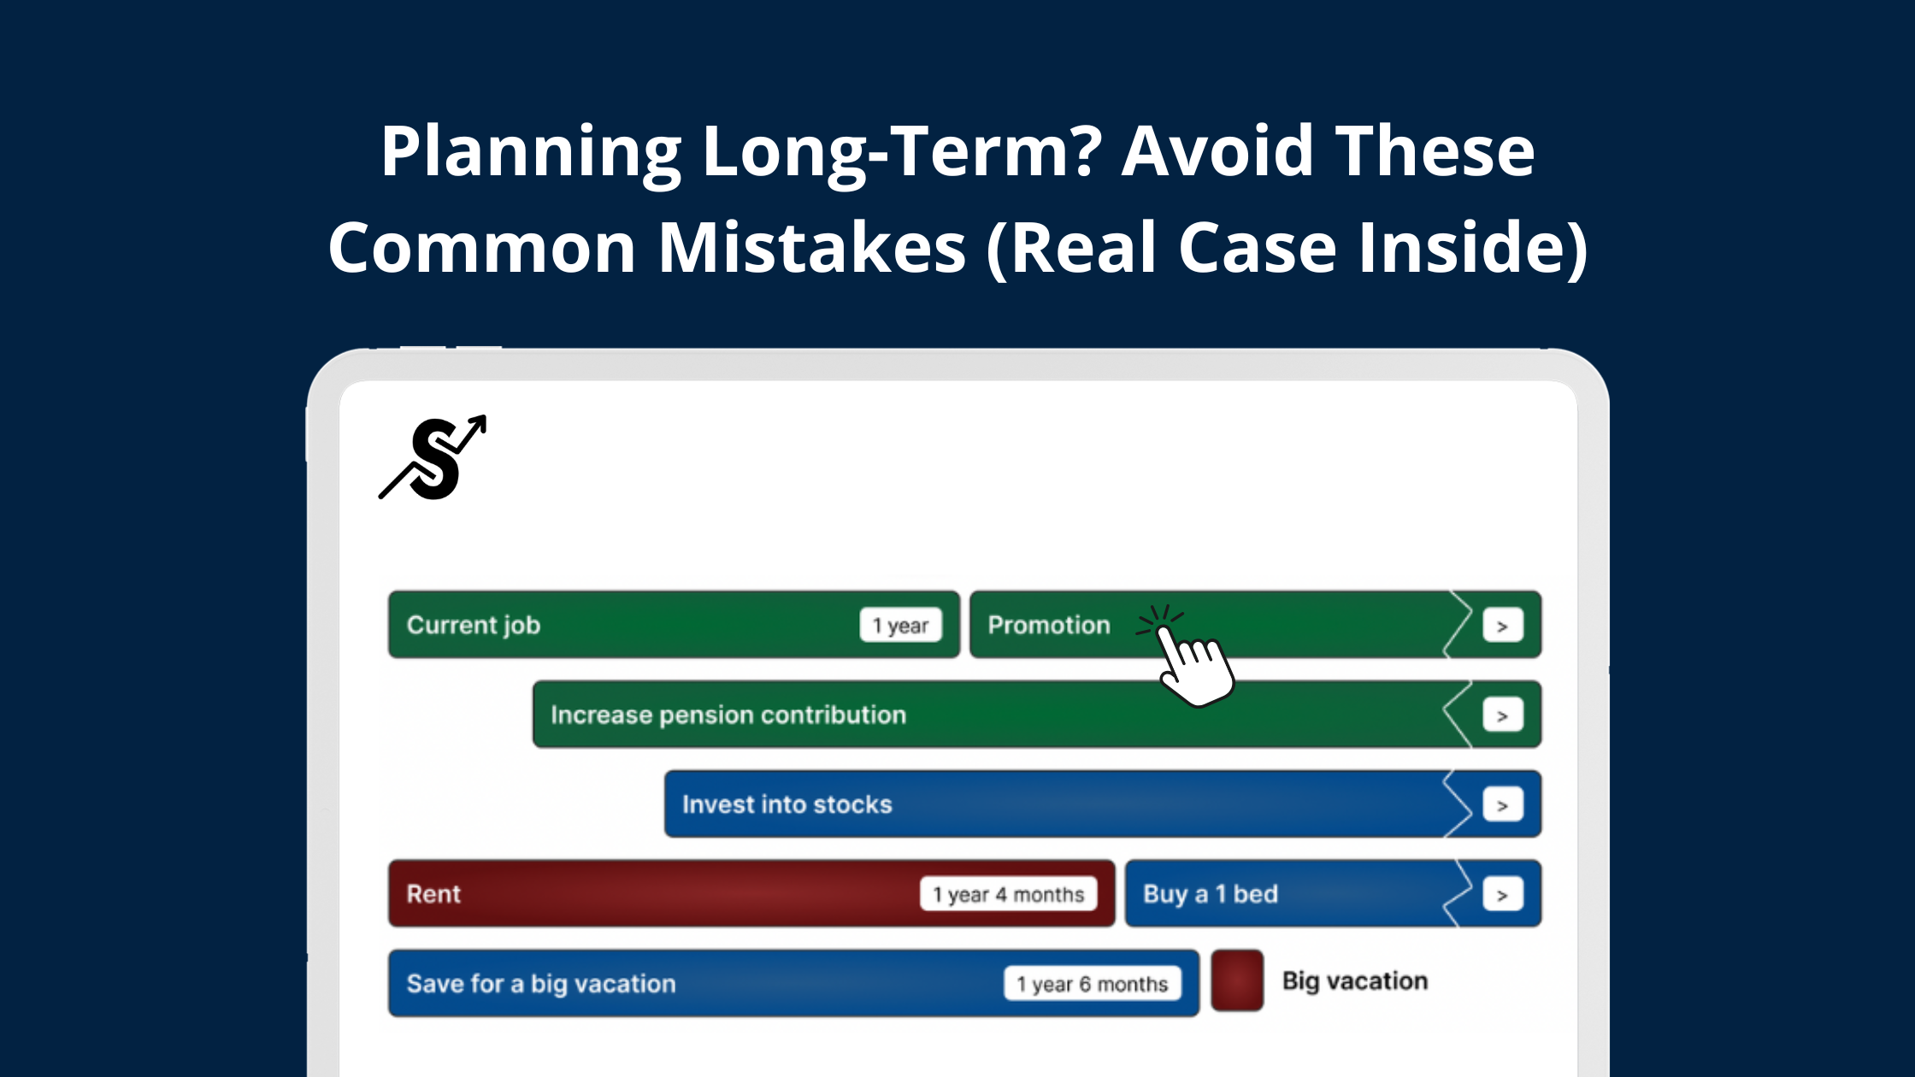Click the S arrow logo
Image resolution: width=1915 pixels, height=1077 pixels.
click(x=433, y=458)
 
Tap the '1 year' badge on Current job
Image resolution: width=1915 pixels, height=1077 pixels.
click(x=900, y=626)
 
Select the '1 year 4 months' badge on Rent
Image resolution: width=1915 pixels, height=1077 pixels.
click(x=1008, y=895)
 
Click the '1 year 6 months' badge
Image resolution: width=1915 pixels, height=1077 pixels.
click(x=1092, y=985)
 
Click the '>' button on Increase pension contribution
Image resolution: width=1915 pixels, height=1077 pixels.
click(x=1502, y=716)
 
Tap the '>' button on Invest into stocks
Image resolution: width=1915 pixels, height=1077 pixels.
click(x=1502, y=806)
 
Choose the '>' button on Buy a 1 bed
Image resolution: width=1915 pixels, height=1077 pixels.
click(x=1502, y=896)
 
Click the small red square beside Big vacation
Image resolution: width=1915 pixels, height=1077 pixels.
click(x=1237, y=981)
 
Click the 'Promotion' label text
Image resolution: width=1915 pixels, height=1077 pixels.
click(x=1049, y=626)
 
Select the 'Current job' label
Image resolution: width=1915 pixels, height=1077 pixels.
click(x=474, y=626)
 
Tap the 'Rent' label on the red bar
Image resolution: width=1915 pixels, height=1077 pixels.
click(x=433, y=895)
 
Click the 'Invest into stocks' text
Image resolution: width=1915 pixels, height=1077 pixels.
click(x=787, y=805)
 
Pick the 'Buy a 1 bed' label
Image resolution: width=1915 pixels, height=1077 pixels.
click(x=1210, y=895)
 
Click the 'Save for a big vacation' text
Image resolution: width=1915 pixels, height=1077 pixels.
click(x=541, y=985)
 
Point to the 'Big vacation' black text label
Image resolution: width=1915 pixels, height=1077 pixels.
click(x=1355, y=981)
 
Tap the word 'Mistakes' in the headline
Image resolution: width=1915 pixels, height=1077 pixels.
click(x=812, y=248)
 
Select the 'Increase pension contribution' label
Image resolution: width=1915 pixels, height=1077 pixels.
click(x=728, y=715)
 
